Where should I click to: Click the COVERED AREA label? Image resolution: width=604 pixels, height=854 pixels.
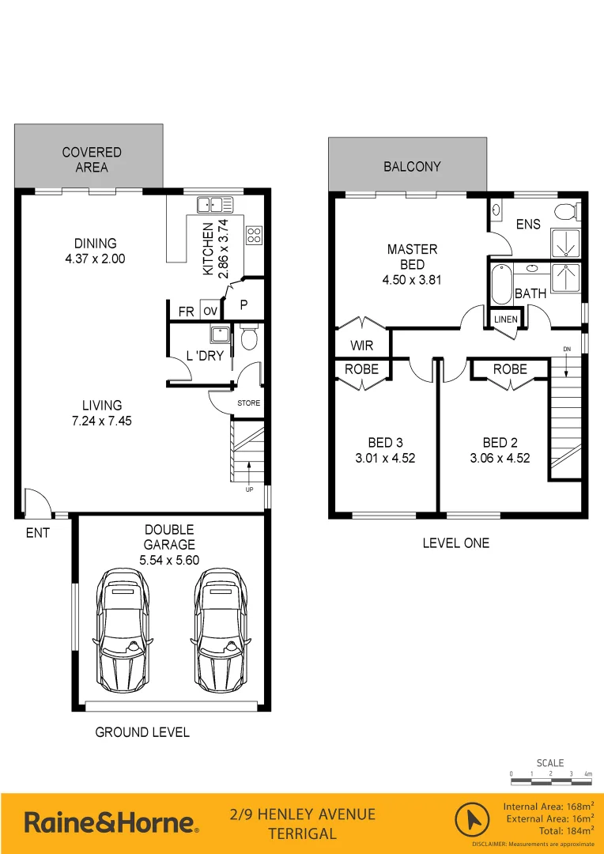(92, 160)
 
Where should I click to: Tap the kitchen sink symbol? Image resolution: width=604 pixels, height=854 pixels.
(214, 204)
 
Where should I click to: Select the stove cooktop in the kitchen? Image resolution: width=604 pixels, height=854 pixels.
(255, 234)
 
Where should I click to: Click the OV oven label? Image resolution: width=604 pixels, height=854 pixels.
(210, 312)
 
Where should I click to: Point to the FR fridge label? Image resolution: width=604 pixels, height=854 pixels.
(186, 312)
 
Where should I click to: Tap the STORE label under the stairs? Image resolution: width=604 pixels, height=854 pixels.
(248, 403)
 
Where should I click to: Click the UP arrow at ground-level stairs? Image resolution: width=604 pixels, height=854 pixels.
(250, 475)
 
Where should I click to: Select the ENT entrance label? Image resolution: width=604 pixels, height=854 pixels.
(37, 533)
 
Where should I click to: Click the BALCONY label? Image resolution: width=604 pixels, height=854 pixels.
(412, 167)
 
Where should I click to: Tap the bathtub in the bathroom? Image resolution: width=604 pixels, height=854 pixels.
(501, 285)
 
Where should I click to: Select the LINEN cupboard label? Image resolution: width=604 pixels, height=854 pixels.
(505, 319)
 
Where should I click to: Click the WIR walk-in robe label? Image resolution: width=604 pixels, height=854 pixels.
(362, 346)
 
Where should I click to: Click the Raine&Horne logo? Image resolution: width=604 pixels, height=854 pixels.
(111, 822)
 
